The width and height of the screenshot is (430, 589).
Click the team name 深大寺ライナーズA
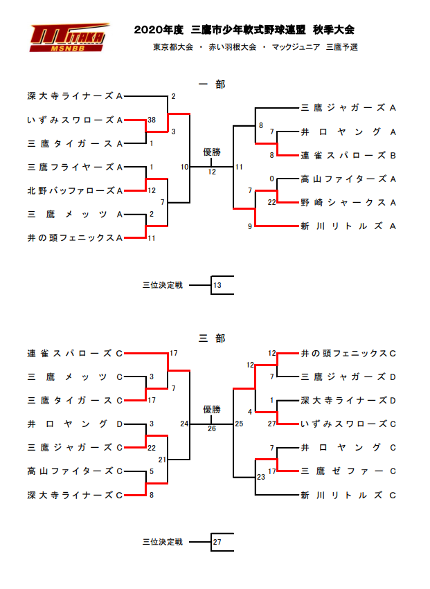pos(75,96)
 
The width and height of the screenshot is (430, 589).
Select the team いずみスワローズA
pos(75,120)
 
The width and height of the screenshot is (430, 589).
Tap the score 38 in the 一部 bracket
pos(152,120)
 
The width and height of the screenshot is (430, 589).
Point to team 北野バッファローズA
pos(75,191)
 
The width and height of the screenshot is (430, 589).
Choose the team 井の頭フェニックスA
pos(75,238)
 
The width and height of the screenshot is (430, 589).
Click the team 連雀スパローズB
pos(348,156)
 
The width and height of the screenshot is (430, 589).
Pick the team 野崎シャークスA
pos(348,203)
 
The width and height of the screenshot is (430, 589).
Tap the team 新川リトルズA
pos(348,226)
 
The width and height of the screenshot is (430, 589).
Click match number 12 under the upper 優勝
pos(212,172)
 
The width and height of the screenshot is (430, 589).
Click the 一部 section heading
pos(212,84)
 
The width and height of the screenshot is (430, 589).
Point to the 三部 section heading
pos(212,338)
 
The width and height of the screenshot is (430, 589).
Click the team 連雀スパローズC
pos(75,354)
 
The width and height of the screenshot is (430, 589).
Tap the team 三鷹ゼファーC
pos(348,471)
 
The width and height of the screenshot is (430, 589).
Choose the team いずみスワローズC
pos(348,424)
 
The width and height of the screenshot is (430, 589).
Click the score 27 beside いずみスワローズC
pos(271,424)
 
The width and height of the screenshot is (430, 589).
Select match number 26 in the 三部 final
pos(212,428)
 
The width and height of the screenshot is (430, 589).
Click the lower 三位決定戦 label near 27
pos(163,542)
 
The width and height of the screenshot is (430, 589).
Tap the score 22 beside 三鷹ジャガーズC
pos(152,448)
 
